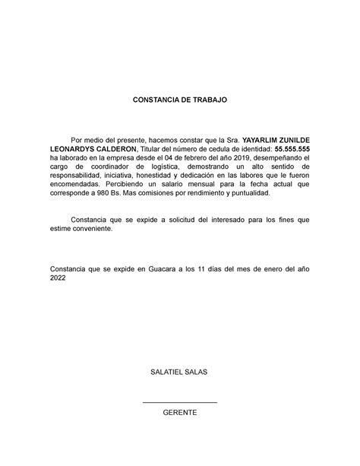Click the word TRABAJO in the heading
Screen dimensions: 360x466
[206, 100]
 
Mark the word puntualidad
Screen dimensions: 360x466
[246, 193]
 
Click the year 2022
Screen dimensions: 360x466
[58, 278]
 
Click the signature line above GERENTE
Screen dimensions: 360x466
[180, 399]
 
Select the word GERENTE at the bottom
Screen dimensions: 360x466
[180, 412]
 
